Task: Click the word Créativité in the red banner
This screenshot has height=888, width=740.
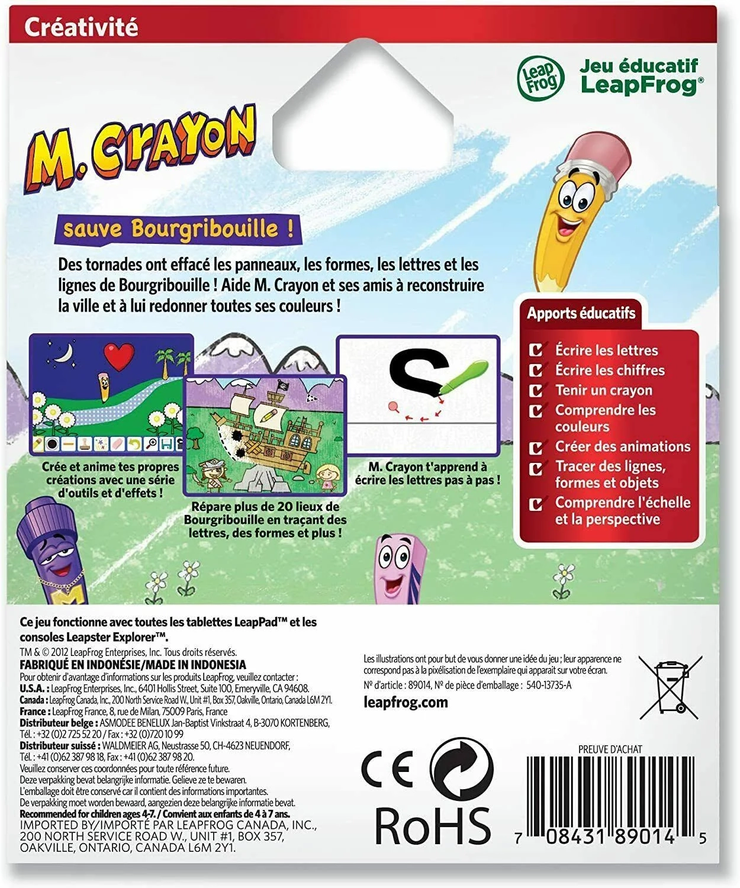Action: (81, 28)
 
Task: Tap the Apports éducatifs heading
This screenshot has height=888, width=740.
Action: (581, 313)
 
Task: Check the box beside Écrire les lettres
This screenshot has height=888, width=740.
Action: (536, 350)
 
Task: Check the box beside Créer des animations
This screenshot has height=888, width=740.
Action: (536, 448)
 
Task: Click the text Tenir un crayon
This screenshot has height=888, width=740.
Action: (603, 390)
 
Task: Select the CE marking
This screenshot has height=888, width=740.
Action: (388, 770)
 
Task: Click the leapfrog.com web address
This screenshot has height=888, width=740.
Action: (406, 703)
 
